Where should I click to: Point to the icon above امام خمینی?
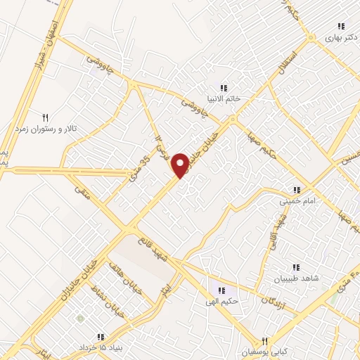point(297,191)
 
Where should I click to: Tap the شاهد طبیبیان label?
point(299,278)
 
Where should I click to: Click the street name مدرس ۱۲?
point(162,148)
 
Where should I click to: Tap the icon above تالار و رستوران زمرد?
point(46,117)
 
